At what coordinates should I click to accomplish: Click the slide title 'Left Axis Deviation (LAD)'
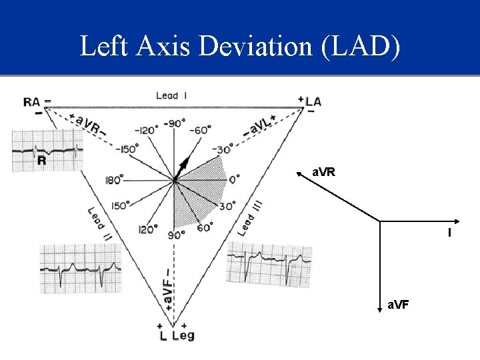240,47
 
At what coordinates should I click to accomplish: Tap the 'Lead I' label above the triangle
171,95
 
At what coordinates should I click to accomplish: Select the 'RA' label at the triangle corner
32,102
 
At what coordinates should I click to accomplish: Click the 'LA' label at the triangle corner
313,101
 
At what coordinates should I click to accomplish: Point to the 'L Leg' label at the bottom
175,335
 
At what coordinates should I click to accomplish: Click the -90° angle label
175,123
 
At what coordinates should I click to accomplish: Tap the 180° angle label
114,179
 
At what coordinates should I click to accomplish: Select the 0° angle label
234,179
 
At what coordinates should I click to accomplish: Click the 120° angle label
146,229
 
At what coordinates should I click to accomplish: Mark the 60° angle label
204,228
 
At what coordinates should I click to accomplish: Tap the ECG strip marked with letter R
47,151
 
